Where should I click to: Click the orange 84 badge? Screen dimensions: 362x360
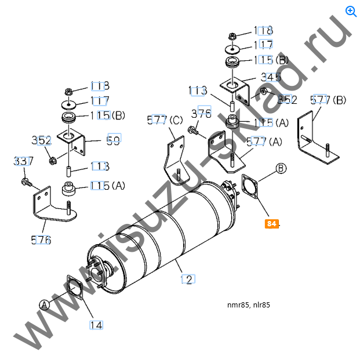point(272,223)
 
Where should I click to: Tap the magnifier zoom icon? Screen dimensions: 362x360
point(350,10)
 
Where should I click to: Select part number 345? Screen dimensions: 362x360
point(271,77)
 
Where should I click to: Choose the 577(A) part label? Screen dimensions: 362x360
point(264,141)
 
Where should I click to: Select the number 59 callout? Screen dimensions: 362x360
point(113,140)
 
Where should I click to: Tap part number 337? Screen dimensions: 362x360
point(23,161)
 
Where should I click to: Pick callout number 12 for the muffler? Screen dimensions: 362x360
point(187,280)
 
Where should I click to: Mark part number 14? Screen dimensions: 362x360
point(96,325)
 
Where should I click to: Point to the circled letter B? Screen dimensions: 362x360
point(281,168)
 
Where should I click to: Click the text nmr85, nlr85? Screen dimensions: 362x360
point(249,305)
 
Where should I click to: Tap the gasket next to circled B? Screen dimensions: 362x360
point(250,187)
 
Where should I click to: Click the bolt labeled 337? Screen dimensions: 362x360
point(27,183)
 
